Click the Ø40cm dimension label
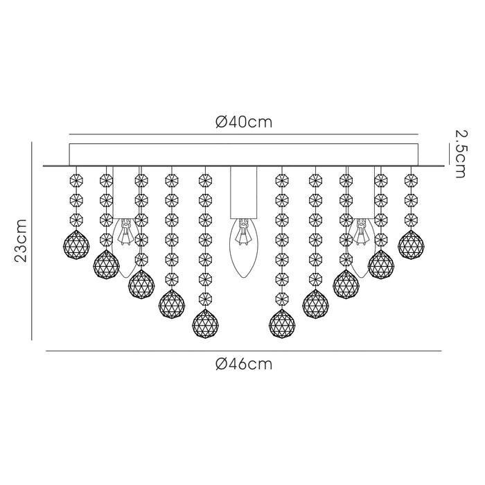244,122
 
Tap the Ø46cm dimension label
244,364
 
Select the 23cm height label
21,240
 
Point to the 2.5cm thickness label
460,154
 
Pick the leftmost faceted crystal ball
76,245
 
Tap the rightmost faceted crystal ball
411,245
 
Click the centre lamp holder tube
243,192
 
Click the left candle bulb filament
125,232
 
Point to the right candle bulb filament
361,232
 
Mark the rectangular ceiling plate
243,155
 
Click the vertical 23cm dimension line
32,240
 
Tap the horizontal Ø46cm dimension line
244,351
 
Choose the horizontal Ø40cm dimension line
243,134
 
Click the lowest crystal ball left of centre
205,324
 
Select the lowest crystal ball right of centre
282,324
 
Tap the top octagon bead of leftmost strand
76,179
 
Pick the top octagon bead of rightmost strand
411,179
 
